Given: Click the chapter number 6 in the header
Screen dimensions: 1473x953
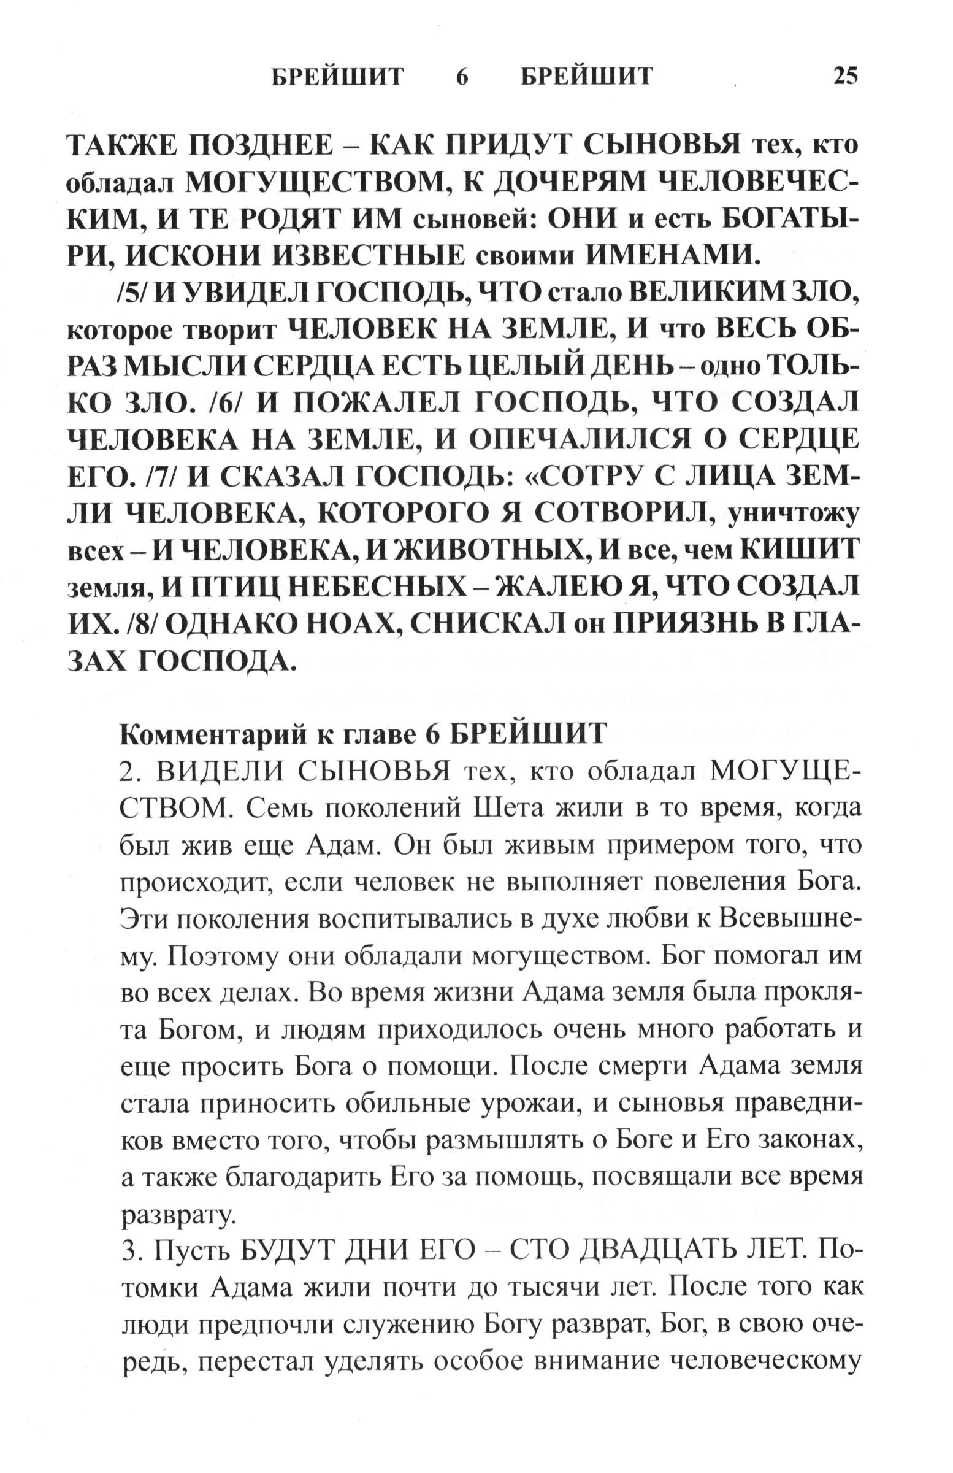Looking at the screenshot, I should (462, 76).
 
